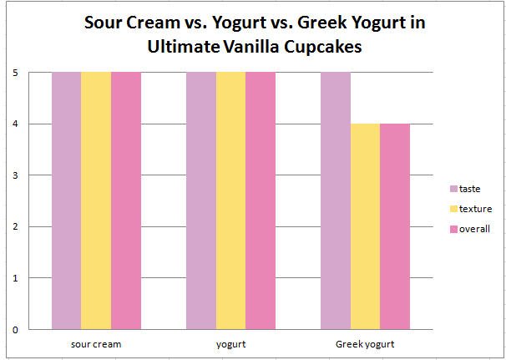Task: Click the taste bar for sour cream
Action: pyautogui.click(x=66, y=200)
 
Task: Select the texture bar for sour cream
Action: pyautogui.click(x=96, y=200)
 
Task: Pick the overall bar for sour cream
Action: pyautogui.click(x=126, y=200)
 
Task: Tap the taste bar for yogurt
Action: pyautogui.click(x=201, y=200)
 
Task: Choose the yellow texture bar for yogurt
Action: pyautogui.click(x=230, y=200)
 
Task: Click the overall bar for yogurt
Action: pyautogui.click(x=261, y=200)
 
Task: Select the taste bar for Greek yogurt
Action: pyautogui.click(x=336, y=200)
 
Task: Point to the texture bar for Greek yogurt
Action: pyautogui.click(x=365, y=226)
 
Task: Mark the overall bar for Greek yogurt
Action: pyautogui.click(x=395, y=226)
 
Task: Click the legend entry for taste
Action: pyautogui.click(x=469, y=189)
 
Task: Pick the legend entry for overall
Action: pyautogui.click(x=472, y=229)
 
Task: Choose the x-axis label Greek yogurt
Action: pyautogui.click(x=365, y=343)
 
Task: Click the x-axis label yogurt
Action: pyautogui.click(x=230, y=343)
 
